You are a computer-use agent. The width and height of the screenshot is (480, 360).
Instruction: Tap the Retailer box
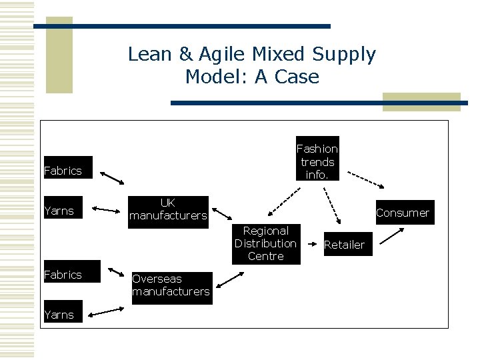pyautogui.click(x=344, y=245)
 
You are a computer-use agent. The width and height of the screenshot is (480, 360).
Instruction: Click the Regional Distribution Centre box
pyautogui.click(x=265, y=243)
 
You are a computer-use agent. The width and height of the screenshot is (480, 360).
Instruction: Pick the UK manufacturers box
pyautogui.click(x=168, y=209)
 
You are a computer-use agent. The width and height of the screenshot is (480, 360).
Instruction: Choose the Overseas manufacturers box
pyautogui.click(x=171, y=285)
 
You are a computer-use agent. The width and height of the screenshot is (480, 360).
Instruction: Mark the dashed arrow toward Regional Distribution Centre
pyautogui.click(x=283, y=204)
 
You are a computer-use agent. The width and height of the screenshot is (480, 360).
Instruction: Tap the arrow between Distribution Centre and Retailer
pyautogui.click(x=311, y=244)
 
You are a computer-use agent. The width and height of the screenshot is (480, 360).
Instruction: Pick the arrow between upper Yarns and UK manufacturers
pyautogui.click(x=105, y=209)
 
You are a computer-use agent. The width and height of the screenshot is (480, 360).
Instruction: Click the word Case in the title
pyautogui.click(x=295, y=77)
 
